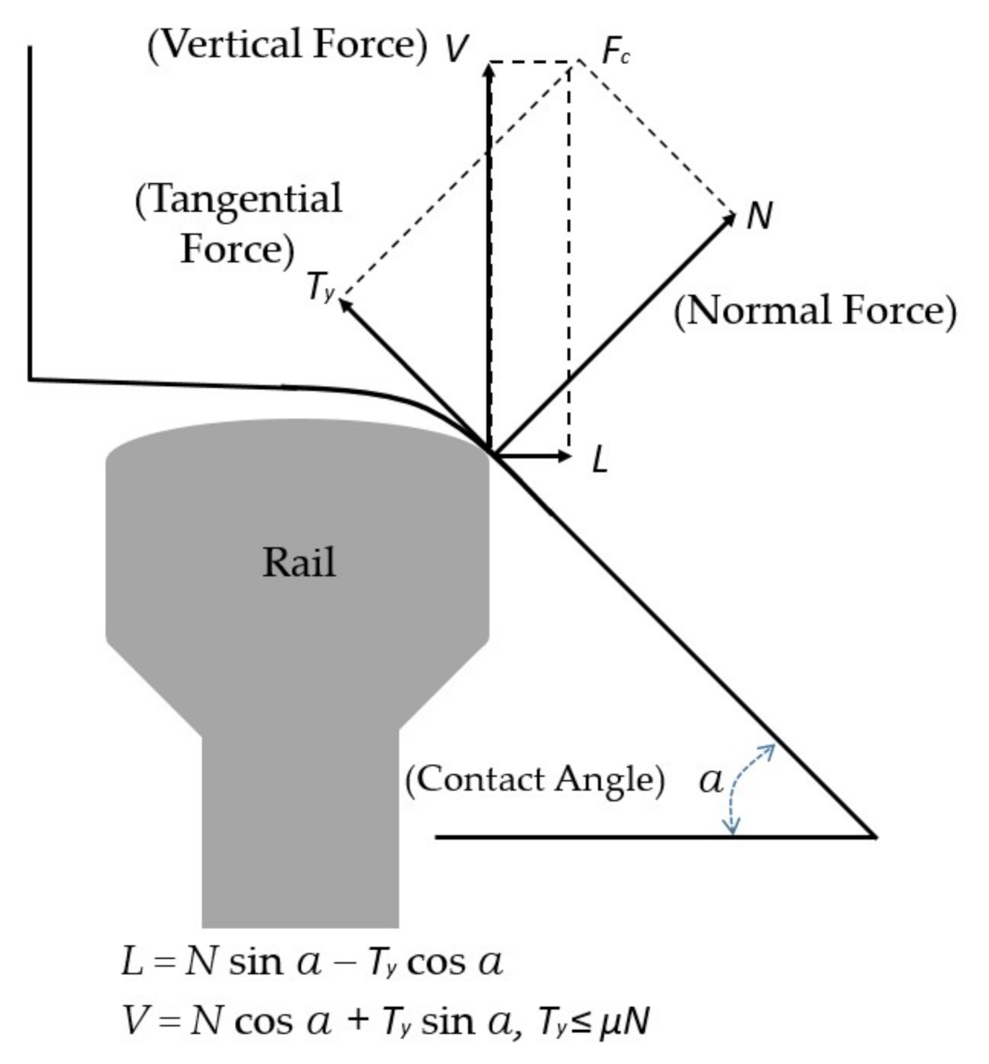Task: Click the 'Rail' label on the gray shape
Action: coord(299,563)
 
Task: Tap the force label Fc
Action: coord(615,51)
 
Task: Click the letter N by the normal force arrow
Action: coord(759,215)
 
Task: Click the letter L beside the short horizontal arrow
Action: coord(599,460)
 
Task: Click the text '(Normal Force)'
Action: coord(814,311)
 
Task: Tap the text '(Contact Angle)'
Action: coord(535,780)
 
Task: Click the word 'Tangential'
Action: coord(239,199)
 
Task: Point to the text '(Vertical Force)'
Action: coord(287,45)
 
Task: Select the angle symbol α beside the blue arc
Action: coord(711,781)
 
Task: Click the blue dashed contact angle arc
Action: coord(739,786)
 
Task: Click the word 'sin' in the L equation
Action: coord(255,962)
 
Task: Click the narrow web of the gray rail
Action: coord(300,830)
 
